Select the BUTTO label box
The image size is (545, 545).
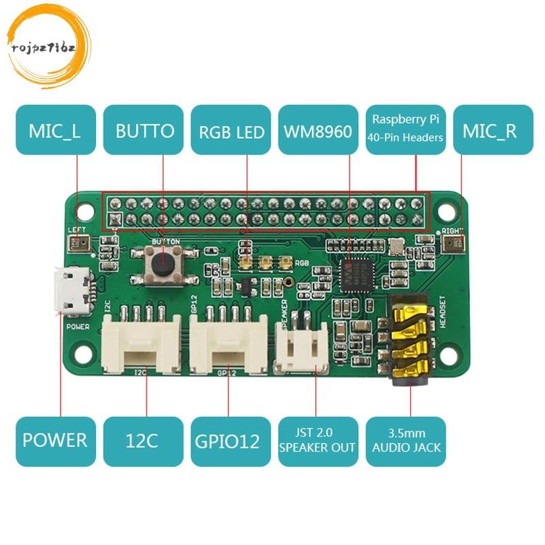143,131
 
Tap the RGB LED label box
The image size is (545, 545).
231,131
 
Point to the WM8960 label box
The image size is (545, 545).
318,131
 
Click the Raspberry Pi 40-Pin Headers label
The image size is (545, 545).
406,129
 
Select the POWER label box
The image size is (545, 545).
55,441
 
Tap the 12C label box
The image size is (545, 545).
143,441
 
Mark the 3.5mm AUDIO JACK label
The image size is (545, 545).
406,441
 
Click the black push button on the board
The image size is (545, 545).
164,262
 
